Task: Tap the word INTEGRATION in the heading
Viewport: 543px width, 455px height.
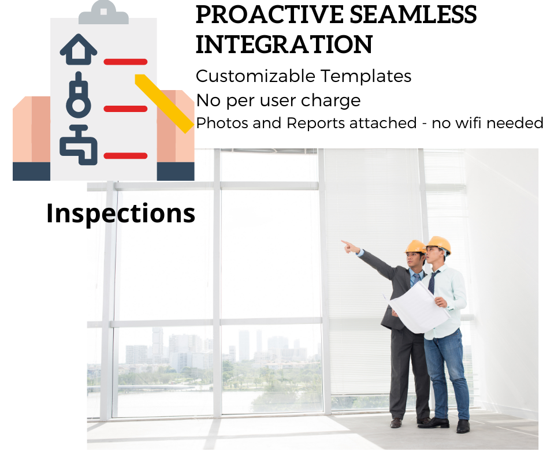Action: point(284,44)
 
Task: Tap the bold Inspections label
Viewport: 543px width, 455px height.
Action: point(121,213)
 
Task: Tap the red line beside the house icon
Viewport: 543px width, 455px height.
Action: point(125,61)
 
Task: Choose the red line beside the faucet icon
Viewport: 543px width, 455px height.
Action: point(125,155)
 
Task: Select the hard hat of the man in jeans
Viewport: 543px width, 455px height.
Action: point(438,244)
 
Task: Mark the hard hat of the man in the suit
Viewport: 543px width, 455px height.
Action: point(415,247)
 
